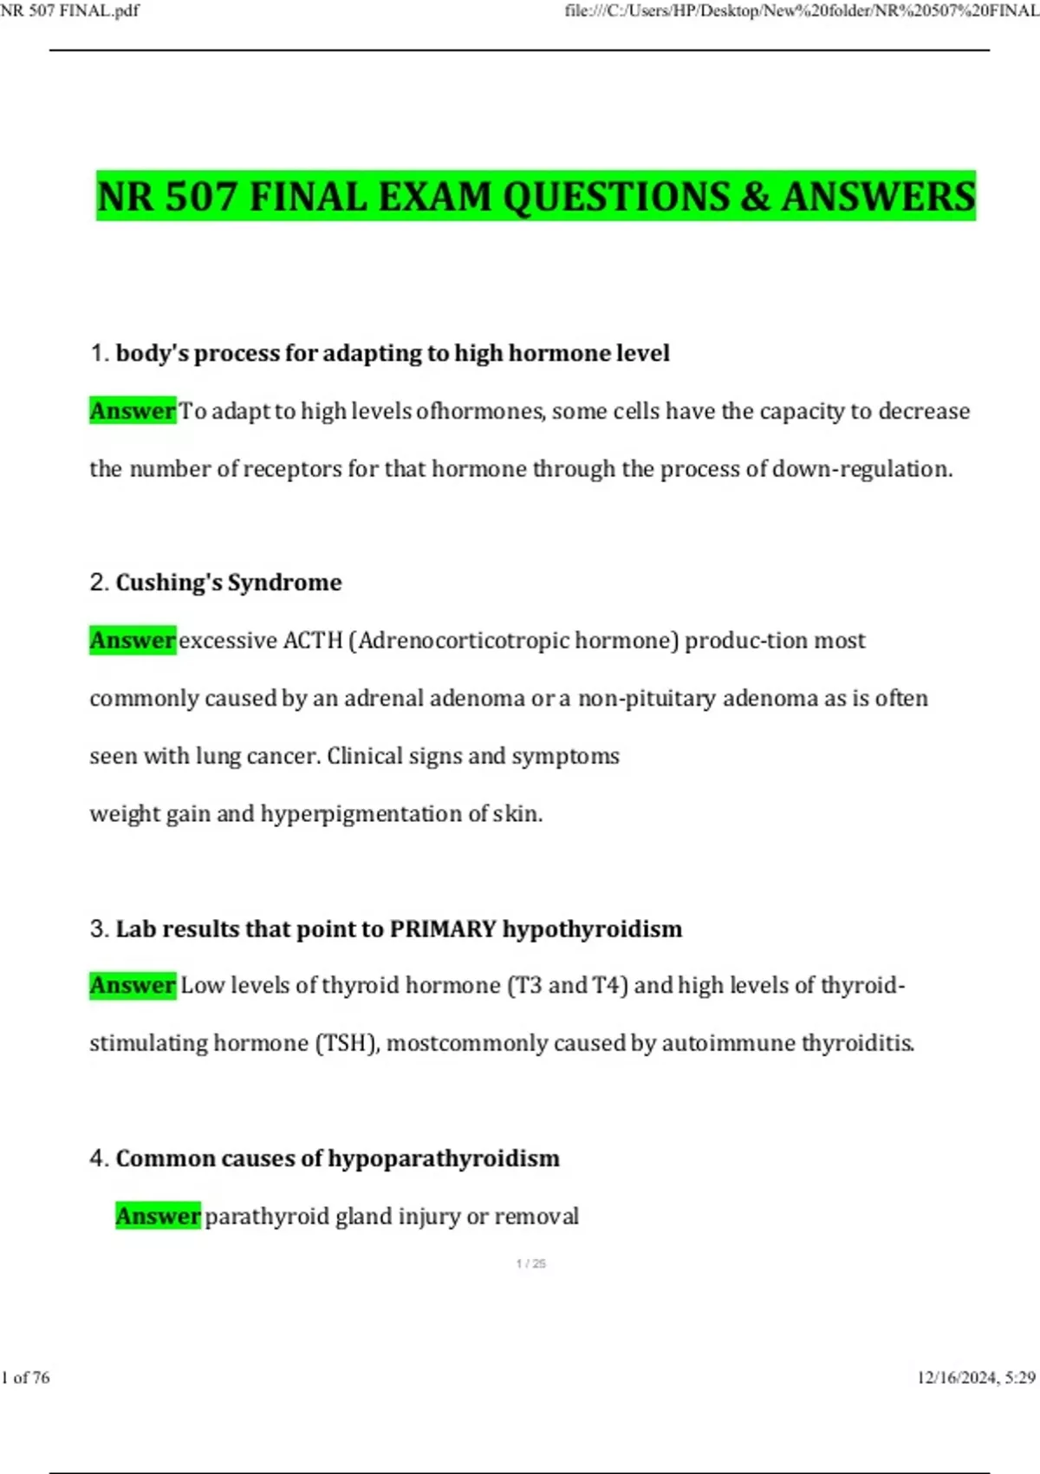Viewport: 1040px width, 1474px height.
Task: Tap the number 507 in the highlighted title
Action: pos(200,197)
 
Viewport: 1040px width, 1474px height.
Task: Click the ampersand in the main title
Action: pos(755,197)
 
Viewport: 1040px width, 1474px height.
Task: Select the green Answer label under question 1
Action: pos(133,411)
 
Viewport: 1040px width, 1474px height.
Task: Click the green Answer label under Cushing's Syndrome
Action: pos(133,641)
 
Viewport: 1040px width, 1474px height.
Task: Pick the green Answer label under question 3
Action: pos(133,986)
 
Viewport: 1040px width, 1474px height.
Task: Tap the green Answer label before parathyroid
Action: pos(159,1216)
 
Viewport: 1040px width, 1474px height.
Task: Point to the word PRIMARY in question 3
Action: pos(443,929)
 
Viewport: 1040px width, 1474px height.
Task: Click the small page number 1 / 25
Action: pos(531,1264)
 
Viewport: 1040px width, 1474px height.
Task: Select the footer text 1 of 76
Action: pos(26,1378)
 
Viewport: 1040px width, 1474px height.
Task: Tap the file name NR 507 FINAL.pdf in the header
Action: pos(69,10)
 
